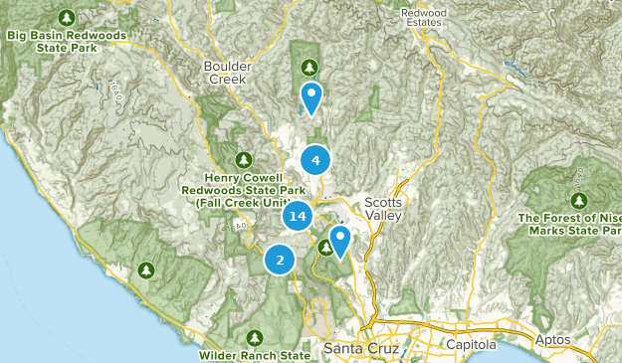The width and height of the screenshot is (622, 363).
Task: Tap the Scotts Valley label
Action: click(383, 207)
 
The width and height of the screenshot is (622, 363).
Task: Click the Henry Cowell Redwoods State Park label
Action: click(244, 190)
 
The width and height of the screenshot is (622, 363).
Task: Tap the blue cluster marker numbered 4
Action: click(315, 160)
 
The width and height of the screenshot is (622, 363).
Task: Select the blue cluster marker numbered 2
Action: click(280, 261)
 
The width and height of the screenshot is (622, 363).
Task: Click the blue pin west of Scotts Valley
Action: click(339, 240)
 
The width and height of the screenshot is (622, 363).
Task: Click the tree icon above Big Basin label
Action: click(67, 18)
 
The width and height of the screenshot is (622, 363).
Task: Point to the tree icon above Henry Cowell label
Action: click(244, 159)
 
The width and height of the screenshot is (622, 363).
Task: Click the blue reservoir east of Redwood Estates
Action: click(516, 72)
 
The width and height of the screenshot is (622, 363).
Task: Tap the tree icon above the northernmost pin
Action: click(310, 67)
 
